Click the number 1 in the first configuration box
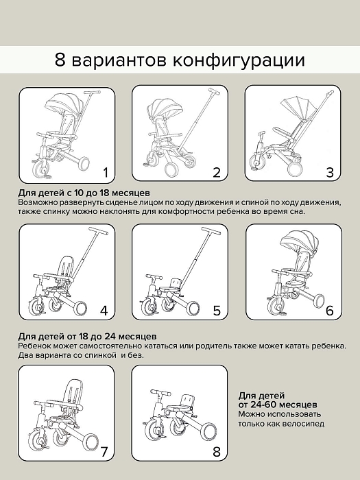105,171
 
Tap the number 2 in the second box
217,172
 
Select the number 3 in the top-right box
330,172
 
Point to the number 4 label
104,311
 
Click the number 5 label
217,311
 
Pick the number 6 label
330,311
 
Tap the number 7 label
104,451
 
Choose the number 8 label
217,451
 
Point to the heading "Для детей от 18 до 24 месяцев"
88,337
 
